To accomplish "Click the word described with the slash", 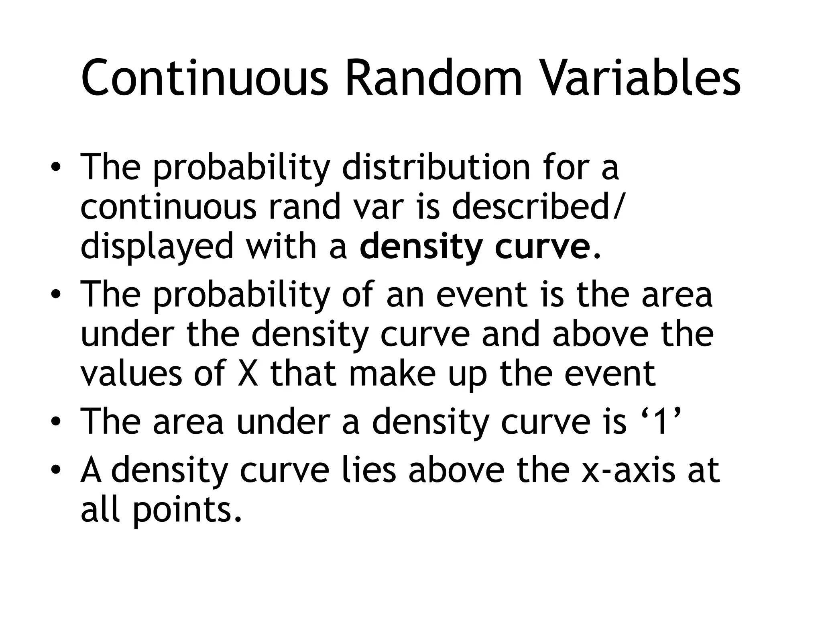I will tap(538, 206).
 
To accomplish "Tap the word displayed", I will tap(157, 247).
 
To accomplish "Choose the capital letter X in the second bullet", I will tap(248, 374).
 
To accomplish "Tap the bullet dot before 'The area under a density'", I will tap(56, 422).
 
